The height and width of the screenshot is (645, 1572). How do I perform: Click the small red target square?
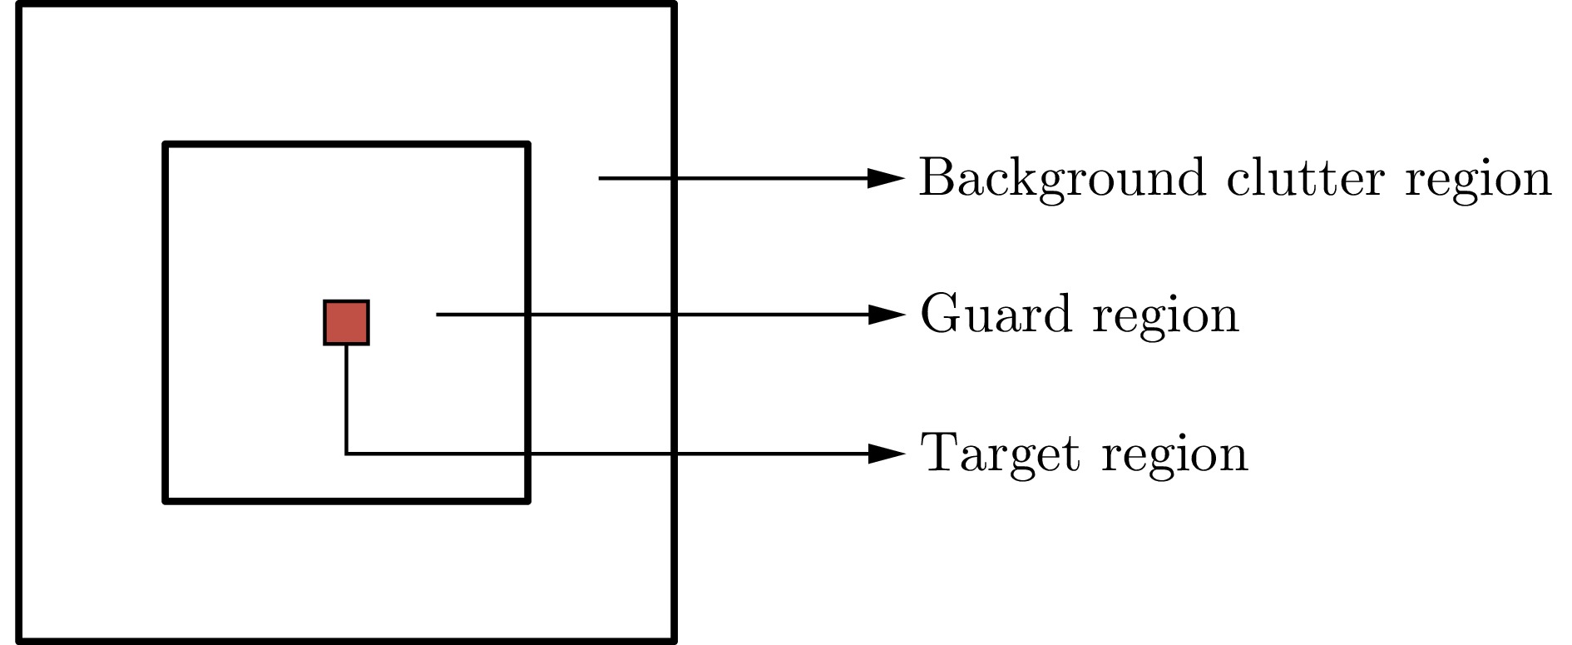tap(346, 322)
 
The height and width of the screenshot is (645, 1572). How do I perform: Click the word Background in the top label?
tap(1061, 178)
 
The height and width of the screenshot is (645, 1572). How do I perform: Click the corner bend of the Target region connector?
tap(347, 454)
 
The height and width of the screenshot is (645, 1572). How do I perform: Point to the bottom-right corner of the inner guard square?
tap(526, 500)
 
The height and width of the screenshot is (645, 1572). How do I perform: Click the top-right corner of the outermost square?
tap(673, 5)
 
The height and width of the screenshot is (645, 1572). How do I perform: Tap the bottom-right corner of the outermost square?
tap(673, 640)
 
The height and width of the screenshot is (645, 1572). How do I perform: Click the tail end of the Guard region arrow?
tap(438, 315)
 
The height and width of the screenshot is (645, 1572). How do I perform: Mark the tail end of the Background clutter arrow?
tap(601, 178)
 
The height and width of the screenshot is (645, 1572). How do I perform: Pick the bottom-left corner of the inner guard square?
tap(166, 500)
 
